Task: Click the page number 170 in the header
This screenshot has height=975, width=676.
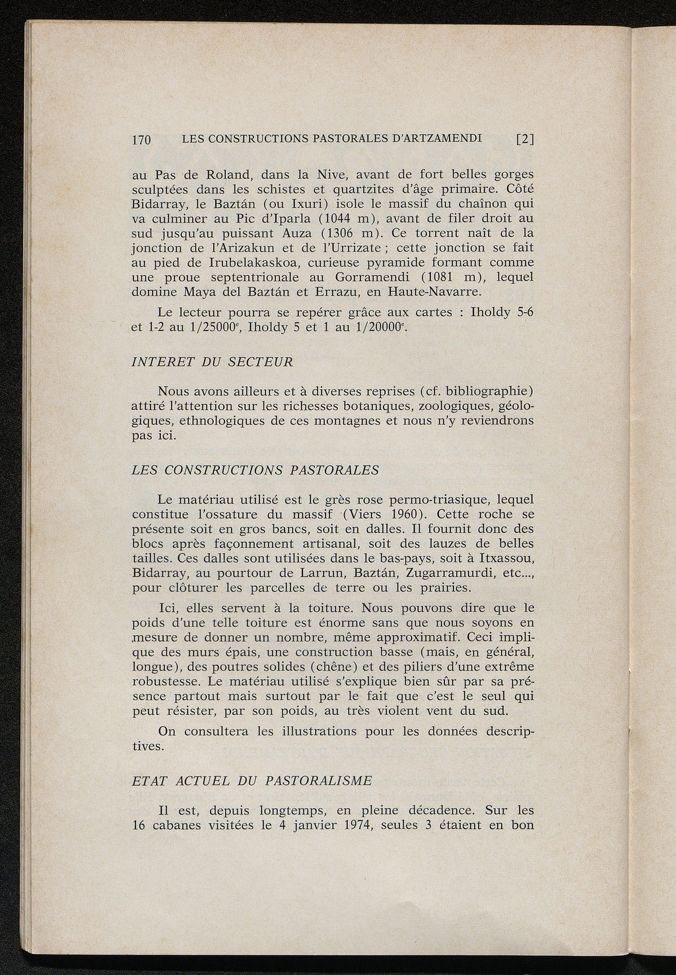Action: [142, 140]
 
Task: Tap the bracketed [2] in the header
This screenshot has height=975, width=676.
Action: [525, 139]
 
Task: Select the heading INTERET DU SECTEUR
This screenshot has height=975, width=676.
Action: [212, 362]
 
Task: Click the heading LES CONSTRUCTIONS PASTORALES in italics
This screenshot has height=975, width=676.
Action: [255, 470]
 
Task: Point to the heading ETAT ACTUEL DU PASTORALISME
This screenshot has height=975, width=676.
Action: [252, 780]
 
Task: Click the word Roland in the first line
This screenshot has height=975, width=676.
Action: [231, 176]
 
